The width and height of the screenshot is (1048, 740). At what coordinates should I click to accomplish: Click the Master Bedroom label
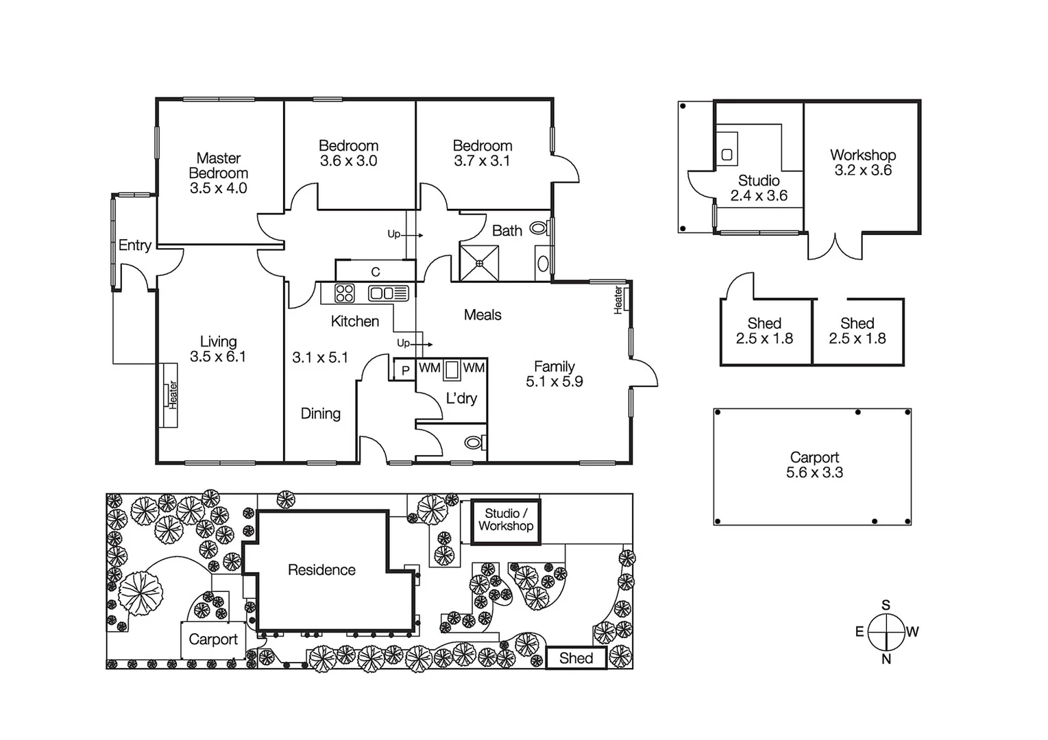(x=218, y=166)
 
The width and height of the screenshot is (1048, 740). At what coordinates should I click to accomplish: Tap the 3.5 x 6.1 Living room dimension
(x=217, y=357)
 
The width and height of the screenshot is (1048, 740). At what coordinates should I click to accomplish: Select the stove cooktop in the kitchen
(x=345, y=293)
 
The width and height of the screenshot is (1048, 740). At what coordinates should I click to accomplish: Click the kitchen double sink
(x=388, y=293)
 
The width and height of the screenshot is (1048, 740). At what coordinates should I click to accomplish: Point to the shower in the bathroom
(x=479, y=263)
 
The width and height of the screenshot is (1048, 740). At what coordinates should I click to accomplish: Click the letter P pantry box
(x=405, y=370)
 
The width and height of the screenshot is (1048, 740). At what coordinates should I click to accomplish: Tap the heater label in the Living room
(x=173, y=395)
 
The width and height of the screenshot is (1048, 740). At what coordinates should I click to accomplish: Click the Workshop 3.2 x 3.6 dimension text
(x=862, y=171)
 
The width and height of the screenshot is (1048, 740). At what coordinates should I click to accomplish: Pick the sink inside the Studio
(x=727, y=155)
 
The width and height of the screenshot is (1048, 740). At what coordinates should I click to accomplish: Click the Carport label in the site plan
(x=212, y=640)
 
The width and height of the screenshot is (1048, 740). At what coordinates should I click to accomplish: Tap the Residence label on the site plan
(x=321, y=570)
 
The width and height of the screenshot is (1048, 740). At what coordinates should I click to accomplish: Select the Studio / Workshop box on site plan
(x=506, y=521)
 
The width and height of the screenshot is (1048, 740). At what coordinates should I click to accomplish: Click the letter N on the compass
(x=886, y=659)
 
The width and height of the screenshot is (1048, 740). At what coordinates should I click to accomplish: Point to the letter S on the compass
(x=886, y=605)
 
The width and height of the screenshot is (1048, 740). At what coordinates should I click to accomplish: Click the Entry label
(x=134, y=245)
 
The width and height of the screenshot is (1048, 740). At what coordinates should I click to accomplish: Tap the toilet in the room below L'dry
(x=473, y=443)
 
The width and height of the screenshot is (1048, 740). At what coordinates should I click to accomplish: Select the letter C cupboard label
(x=376, y=272)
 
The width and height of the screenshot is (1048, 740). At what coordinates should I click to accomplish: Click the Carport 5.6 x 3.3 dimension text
(x=814, y=473)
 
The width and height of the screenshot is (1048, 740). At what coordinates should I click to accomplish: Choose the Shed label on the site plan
(x=576, y=658)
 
